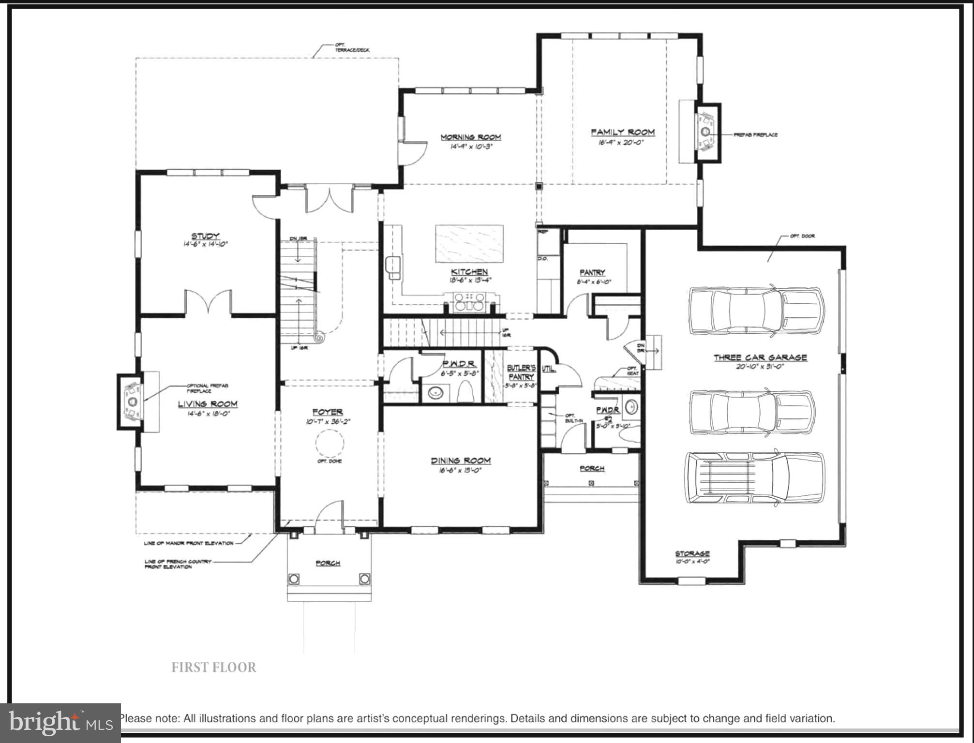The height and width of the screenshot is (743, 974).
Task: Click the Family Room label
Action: tap(622, 132)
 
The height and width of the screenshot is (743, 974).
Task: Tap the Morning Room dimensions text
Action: tap(470, 146)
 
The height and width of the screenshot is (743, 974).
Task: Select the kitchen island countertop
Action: tap(469, 244)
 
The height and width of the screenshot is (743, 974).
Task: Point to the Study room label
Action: tap(205, 236)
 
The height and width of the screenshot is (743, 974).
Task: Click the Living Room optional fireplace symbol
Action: tap(131, 401)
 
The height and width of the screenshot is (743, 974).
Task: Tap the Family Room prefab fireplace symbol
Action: tap(705, 132)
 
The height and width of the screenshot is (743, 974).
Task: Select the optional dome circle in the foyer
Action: tap(330, 443)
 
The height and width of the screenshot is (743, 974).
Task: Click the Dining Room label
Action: tap(460, 461)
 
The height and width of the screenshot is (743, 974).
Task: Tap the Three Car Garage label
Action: tap(760, 357)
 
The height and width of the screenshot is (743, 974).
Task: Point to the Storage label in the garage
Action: tap(692, 553)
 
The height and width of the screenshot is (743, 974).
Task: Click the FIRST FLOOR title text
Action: tap(213, 667)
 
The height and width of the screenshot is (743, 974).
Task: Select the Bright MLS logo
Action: tap(60, 723)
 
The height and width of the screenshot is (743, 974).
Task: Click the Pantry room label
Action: tap(592, 272)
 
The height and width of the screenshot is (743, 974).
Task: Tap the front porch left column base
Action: tap(294, 579)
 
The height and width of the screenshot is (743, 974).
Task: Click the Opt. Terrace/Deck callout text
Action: tap(352, 47)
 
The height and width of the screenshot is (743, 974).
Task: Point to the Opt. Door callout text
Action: tap(802, 236)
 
